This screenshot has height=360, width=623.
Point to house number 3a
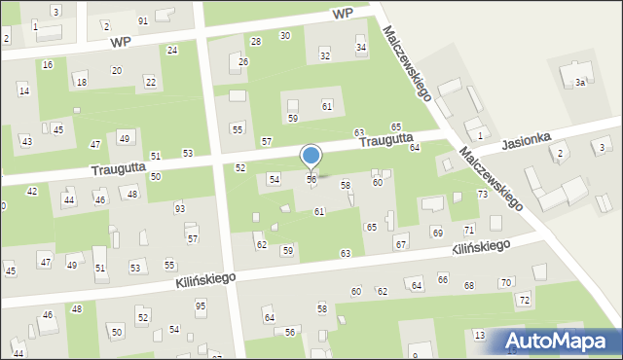579,83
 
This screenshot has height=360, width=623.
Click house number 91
143,20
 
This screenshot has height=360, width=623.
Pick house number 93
179,208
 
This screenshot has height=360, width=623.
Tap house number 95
201,306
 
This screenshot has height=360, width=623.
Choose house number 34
361,48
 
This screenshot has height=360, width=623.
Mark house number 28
256,41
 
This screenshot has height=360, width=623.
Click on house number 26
243,62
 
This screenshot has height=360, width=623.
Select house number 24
172,50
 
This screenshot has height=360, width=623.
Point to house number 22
150,81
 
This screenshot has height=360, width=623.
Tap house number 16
48,64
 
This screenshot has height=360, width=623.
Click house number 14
23,90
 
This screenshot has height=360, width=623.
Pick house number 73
482,195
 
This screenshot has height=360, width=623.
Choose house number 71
468,230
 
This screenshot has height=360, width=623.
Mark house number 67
401,243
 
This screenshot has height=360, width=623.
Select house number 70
504,282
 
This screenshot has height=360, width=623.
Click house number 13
480,335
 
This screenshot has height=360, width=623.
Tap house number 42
32,192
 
